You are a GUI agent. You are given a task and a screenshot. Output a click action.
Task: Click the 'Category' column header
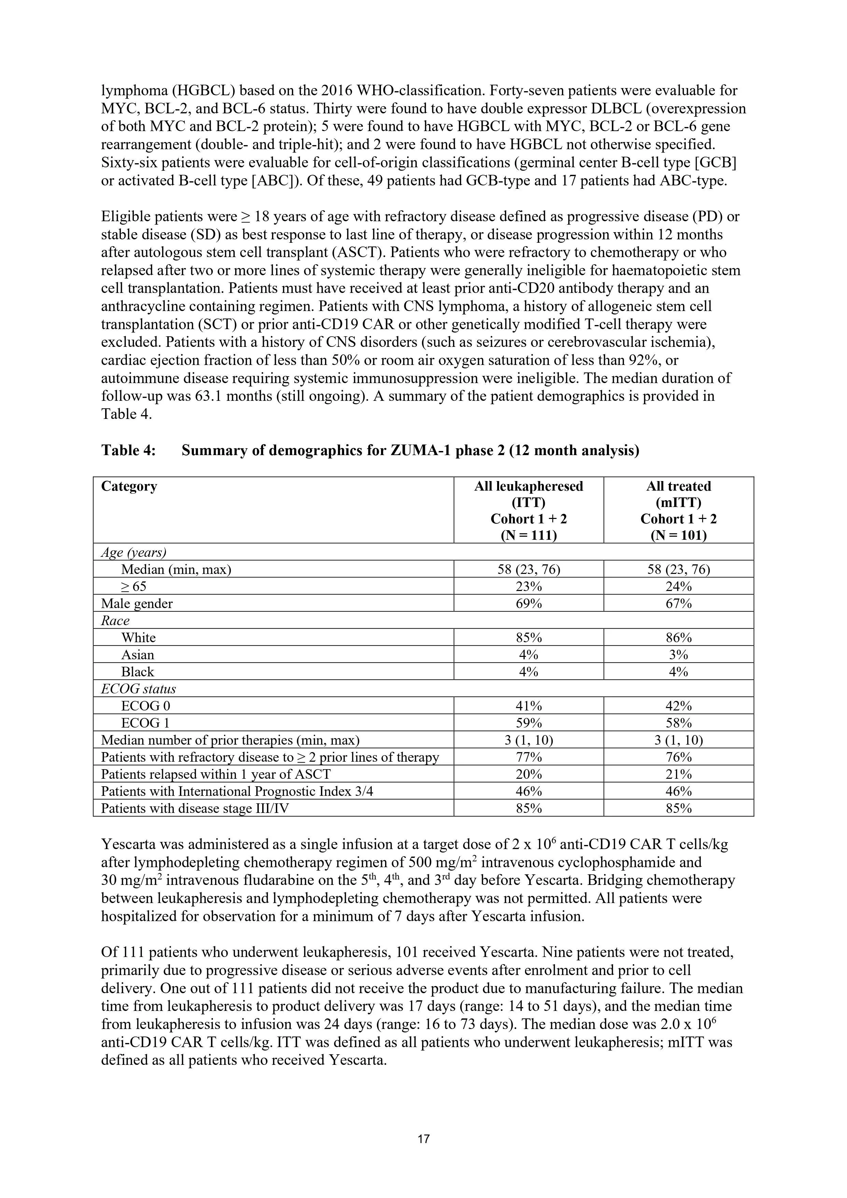coord(129,486)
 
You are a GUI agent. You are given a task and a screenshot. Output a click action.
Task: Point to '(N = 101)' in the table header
coord(678,535)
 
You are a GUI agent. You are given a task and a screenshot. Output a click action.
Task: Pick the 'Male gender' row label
coord(137,604)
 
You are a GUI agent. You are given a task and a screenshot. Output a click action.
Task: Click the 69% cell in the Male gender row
coord(529,604)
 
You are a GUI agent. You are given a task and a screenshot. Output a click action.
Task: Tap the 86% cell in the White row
coord(678,638)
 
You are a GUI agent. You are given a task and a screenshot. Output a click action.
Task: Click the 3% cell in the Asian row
coord(678,655)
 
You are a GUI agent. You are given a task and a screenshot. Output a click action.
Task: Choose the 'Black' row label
coord(138,672)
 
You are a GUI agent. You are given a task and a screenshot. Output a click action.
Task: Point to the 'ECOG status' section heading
coord(138,689)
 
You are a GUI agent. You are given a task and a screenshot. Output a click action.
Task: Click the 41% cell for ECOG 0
coord(529,706)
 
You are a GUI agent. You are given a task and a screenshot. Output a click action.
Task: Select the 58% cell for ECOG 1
coord(678,723)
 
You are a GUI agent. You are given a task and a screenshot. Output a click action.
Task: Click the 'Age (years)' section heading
coord(133,552)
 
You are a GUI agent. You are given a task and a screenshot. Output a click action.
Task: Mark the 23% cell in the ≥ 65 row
coord(529,587)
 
